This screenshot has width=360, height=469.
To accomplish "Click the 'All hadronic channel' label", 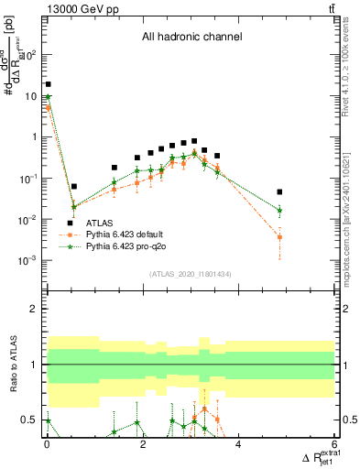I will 191,38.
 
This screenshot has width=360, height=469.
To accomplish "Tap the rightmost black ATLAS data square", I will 280,192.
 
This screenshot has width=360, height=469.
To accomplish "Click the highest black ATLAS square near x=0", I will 48,84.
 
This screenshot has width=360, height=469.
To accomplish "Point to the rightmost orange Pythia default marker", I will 280,237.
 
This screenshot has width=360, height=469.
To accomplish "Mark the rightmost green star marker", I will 280,211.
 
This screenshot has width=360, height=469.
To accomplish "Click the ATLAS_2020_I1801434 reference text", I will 191,275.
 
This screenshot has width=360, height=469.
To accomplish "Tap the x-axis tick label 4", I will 239,445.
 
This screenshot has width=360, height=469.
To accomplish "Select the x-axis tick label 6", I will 334,445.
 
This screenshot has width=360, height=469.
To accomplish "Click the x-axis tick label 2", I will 143,445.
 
